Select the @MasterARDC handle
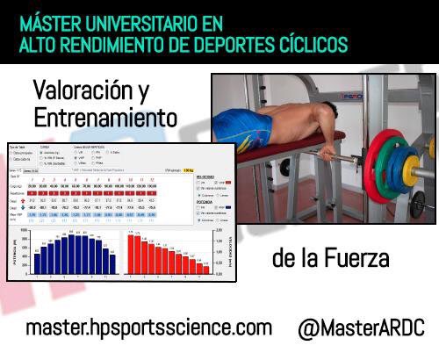tap(361, 328)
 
